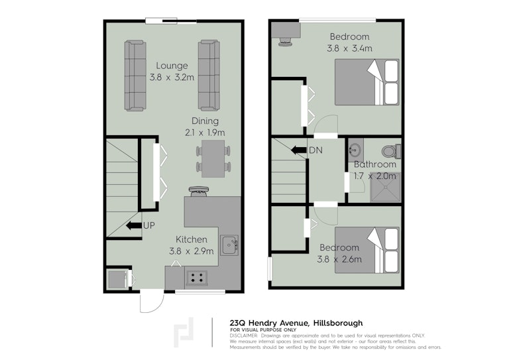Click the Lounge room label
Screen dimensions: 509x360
(172, 66)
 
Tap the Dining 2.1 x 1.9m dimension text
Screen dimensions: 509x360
(205, 133)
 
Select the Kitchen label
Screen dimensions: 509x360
(191, 239)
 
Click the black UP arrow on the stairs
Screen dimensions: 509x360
(134, 225)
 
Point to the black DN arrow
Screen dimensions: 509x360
(299, 150)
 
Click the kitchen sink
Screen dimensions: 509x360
(229, 245)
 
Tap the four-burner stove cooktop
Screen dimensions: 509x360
(197, 278)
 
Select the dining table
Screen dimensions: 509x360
(213, 158)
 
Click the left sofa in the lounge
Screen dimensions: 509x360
(135, 76)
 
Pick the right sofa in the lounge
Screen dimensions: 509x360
(209, 76)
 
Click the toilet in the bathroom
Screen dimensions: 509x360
(391, 151)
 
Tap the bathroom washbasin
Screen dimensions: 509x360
(355, 150)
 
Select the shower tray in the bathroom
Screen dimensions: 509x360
(385, 188)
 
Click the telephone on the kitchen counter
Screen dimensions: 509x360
(198, 191)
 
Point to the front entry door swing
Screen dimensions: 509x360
(152, 302)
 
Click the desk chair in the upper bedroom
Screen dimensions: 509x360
(286, 42)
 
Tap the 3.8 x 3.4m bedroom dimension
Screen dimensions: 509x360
(349, 48)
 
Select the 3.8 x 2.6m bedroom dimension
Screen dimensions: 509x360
(339, 259)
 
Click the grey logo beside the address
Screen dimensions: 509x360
(184, 332)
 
